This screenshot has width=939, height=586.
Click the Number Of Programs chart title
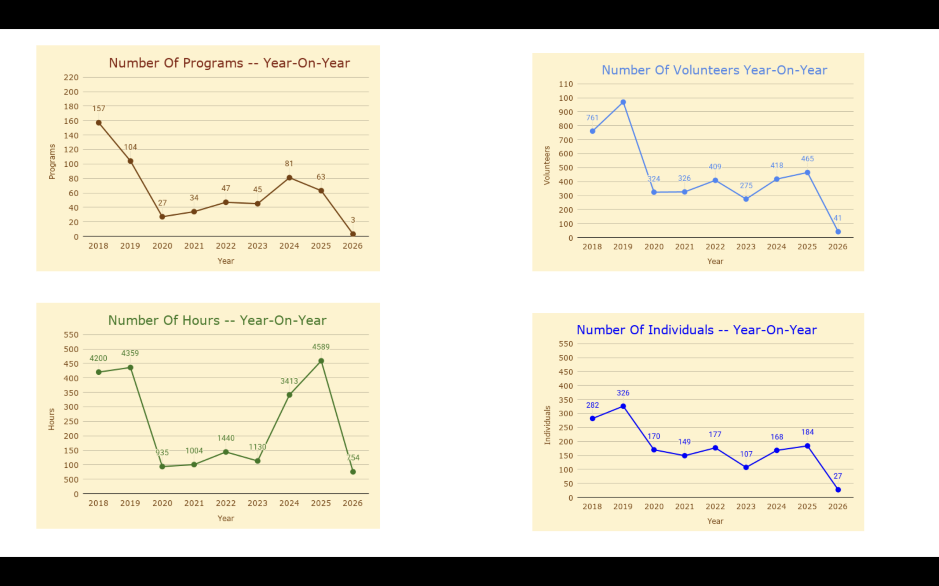[229, 63]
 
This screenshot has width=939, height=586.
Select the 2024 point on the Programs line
[289, 178]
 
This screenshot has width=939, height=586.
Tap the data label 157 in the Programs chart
[99, 108]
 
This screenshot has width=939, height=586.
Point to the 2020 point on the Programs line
[162, 217]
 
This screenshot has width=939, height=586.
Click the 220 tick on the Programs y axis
[71, 78]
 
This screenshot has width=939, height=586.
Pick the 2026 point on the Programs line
[353, 234]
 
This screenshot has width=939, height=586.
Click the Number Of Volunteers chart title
[714, 70]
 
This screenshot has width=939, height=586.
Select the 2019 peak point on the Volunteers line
[623, 102]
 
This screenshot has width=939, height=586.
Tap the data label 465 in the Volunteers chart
[807, 159]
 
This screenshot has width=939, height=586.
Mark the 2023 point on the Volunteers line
[746, 199]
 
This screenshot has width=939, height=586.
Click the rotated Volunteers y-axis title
[547, 165]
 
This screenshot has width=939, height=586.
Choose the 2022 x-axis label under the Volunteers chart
[715, 247]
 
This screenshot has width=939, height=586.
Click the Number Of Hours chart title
[217, 320]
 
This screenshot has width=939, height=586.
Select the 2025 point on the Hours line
[321, 361]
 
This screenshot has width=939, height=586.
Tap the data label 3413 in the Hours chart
[289, 381]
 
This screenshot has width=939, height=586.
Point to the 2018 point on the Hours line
[99, 372]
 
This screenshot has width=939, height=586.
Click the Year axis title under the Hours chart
[226, 519]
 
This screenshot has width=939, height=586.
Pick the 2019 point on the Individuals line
[623, 407]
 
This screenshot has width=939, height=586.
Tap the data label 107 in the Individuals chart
[746, 454]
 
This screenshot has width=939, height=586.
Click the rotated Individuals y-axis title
[547, 425]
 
